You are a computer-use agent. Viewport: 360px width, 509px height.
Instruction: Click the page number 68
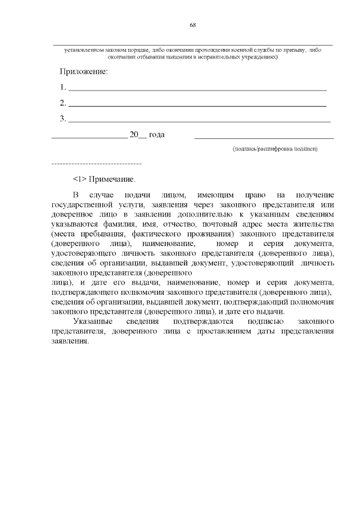point(192,25)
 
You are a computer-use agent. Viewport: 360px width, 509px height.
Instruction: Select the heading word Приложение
point(83,72)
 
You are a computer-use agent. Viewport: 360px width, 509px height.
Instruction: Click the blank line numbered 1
point(197,89)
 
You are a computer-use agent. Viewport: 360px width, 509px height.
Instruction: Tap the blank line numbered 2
point(197,105)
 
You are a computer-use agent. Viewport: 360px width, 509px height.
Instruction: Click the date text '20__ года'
point(147,135)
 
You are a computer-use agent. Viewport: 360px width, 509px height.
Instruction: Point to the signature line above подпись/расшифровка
point(264,137)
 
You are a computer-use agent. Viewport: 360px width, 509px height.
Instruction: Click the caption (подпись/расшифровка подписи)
point(276,149)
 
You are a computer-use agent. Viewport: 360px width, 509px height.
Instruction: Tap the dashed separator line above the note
point(96,163)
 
